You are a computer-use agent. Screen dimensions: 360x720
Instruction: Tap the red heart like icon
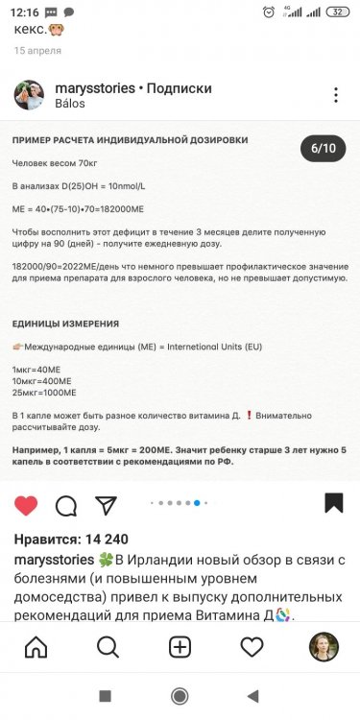pos(26,504)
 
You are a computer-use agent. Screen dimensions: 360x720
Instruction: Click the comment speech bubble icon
pos(66,504)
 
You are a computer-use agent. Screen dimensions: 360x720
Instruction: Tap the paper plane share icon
pos(107,504)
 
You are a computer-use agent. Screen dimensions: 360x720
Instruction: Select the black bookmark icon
pos(333,503)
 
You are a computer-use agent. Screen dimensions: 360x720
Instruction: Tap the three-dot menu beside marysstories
pos(335,95)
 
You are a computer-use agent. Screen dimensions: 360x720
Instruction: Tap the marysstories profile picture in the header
pos(28,95)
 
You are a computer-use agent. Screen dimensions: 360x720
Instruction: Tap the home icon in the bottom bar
pos(36,647)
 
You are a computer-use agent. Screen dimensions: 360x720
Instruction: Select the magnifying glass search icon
pos(108,647)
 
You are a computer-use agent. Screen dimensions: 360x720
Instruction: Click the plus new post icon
pos(180,647)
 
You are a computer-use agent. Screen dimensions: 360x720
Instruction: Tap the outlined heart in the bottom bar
pos(252,647)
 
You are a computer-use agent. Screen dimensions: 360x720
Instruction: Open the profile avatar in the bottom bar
pos(324,647)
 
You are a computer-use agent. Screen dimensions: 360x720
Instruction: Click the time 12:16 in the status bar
pos(27,12)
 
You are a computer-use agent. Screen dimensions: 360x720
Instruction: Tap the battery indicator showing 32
pos(337,12)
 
